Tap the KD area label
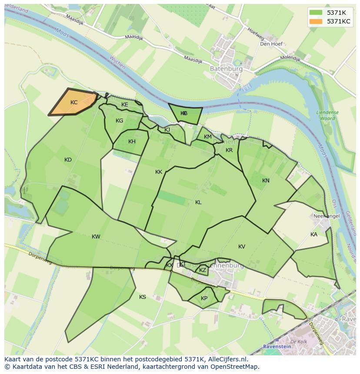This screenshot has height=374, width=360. click(x=68, y=160)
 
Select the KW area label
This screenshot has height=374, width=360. click(x=96, y=237)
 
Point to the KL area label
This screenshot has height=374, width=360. click(x=198, y=202)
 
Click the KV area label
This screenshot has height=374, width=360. click(x=242, y=247)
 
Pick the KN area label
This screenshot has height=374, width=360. click(x=266, y=181)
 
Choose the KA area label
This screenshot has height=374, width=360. click(x=313, y=235)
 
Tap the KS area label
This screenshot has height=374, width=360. click(x=143, y=297)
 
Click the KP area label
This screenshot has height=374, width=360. click(x=204, y=298)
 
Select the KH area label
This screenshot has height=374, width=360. click(x=132, y=142)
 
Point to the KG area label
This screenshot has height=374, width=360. click(x=119, y=121)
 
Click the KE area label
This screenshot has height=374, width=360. click(x=124, y=105)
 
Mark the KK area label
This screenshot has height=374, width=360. click(x=159, y=172)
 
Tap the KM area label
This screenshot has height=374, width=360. click(x=208, y=137)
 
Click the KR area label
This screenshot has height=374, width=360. click(x=229, y=150)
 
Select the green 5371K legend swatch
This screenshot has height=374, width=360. click(x=316, y=13)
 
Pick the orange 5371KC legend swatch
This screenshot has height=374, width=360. click(x=316, y=21)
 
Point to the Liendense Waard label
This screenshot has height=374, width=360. click(x=327, y=115)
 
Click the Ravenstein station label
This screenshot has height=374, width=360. click(x=277, y=347)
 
